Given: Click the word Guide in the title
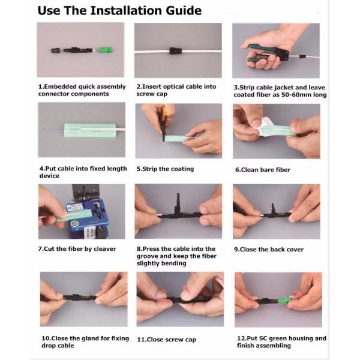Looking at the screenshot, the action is [x=184, y=11].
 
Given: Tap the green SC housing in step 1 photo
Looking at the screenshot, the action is [x=105, y=50].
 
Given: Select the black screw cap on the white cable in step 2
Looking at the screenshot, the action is [x=176, y=51].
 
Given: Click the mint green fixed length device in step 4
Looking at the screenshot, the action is [x=90, y=130].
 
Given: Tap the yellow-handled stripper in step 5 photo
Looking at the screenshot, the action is [x=164, y=124].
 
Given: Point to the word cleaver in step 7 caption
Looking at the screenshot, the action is [x=105, y=249].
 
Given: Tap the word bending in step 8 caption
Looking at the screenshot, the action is [x=173, y=263].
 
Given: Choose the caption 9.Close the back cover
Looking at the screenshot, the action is [x=269, y=250].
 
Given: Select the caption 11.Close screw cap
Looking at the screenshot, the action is [x=166, y=340].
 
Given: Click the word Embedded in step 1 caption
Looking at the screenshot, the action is [x=60, y=86].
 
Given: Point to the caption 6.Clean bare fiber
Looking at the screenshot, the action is [x=263, y=170].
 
